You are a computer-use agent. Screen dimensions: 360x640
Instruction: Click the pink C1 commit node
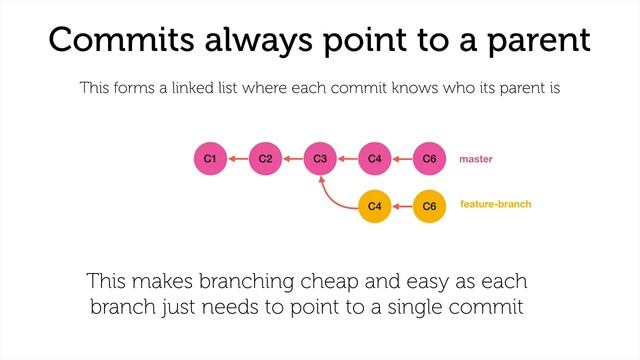[210, 158]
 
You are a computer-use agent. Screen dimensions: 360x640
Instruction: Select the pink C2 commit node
[265, 158]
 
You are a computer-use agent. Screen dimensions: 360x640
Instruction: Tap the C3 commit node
[320, 158]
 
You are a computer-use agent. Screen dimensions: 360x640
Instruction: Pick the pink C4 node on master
[374, 158]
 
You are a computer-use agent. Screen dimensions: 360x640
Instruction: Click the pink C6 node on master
[429, 158]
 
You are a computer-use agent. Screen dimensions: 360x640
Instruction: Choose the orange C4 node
[374, 206]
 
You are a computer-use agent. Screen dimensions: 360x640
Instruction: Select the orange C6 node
[429, 206]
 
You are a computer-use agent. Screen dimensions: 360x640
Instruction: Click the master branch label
[476, 159]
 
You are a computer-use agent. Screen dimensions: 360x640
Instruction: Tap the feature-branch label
[495, 204]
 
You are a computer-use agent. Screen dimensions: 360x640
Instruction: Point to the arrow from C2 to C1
[237, 158]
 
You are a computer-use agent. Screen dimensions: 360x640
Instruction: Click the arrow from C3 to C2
[292, 158]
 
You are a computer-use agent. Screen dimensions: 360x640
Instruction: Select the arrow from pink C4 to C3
[347, 158]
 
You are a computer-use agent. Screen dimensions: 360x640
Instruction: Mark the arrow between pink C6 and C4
[402, 158]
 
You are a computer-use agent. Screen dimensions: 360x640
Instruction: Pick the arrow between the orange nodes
[402, 206]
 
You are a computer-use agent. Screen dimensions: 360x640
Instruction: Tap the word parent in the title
[534, 42]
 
